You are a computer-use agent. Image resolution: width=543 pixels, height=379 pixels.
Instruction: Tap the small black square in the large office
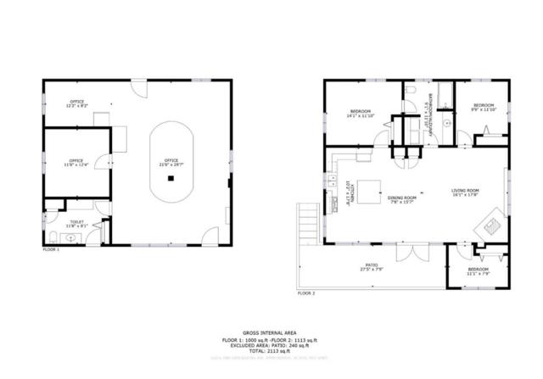[x=171, y=178]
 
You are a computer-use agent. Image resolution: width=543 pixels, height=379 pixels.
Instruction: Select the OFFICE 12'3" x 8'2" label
[x=77, y=106]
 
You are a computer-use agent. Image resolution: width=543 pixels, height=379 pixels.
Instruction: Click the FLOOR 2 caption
[x=306, y=293]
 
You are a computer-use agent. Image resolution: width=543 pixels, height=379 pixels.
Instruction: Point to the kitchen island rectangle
[x=370, y=187]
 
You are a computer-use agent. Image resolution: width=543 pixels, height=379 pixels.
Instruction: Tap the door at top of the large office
[x=138, y=86]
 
